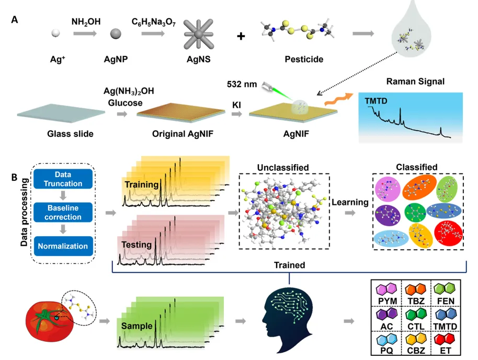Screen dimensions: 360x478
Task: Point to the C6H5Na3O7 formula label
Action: pyautogui.click(x=154, y=21)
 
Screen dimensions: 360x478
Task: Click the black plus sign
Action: pyautogui.click(x=241, y=37)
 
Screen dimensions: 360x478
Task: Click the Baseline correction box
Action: pyautogui.click(x=64, y=212)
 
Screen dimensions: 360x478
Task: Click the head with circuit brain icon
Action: pyautogui.click(x=287, y=319)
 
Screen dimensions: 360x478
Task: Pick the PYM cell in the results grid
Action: pyautogui.click(x=385, y=295)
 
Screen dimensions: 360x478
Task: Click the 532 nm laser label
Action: pyautogui.click(x=241, y=85)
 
